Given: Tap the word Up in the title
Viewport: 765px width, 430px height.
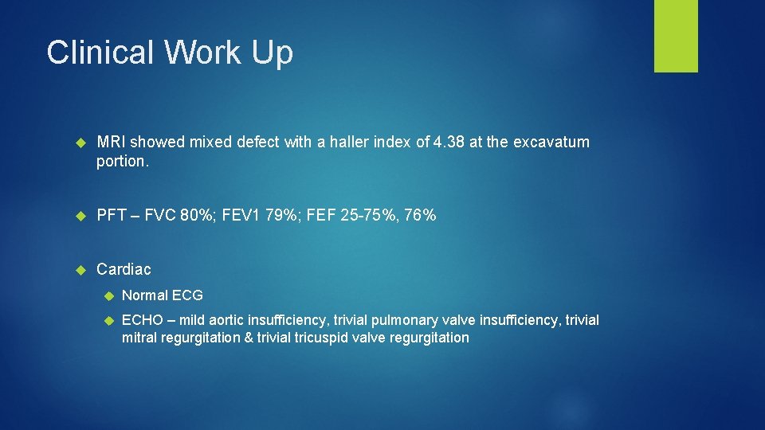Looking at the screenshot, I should pos(273,53).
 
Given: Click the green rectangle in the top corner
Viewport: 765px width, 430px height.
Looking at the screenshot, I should pos(676,36).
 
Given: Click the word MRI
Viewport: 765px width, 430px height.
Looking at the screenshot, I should pos(111,142).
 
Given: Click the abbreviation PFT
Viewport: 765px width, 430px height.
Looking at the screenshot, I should pos(112,216).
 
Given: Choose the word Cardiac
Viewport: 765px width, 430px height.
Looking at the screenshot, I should pos(124,269).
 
